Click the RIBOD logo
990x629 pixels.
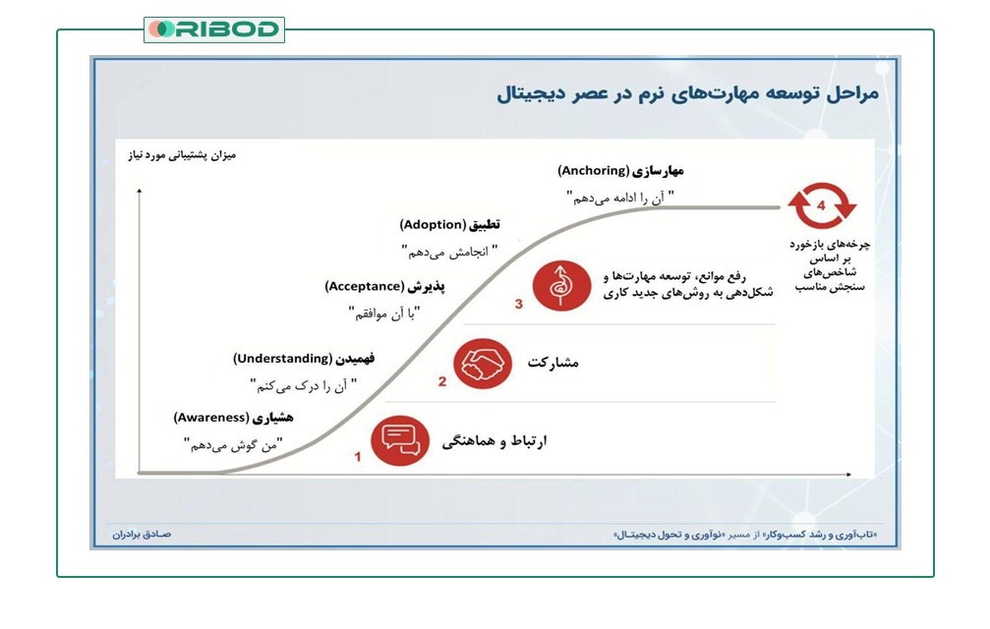pos(214,29)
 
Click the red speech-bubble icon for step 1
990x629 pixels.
pos(400,440)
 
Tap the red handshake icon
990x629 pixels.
pos(482,362)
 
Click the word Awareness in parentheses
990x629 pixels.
pos(211,418)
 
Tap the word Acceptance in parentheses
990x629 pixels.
pos(365,286)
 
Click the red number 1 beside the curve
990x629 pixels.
pos(358,457)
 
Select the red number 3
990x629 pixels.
pos(518,305)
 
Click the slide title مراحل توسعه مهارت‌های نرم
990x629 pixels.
pos(687,94)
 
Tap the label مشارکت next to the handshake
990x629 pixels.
pos(552,363)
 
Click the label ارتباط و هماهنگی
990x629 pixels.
pos(495,441)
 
